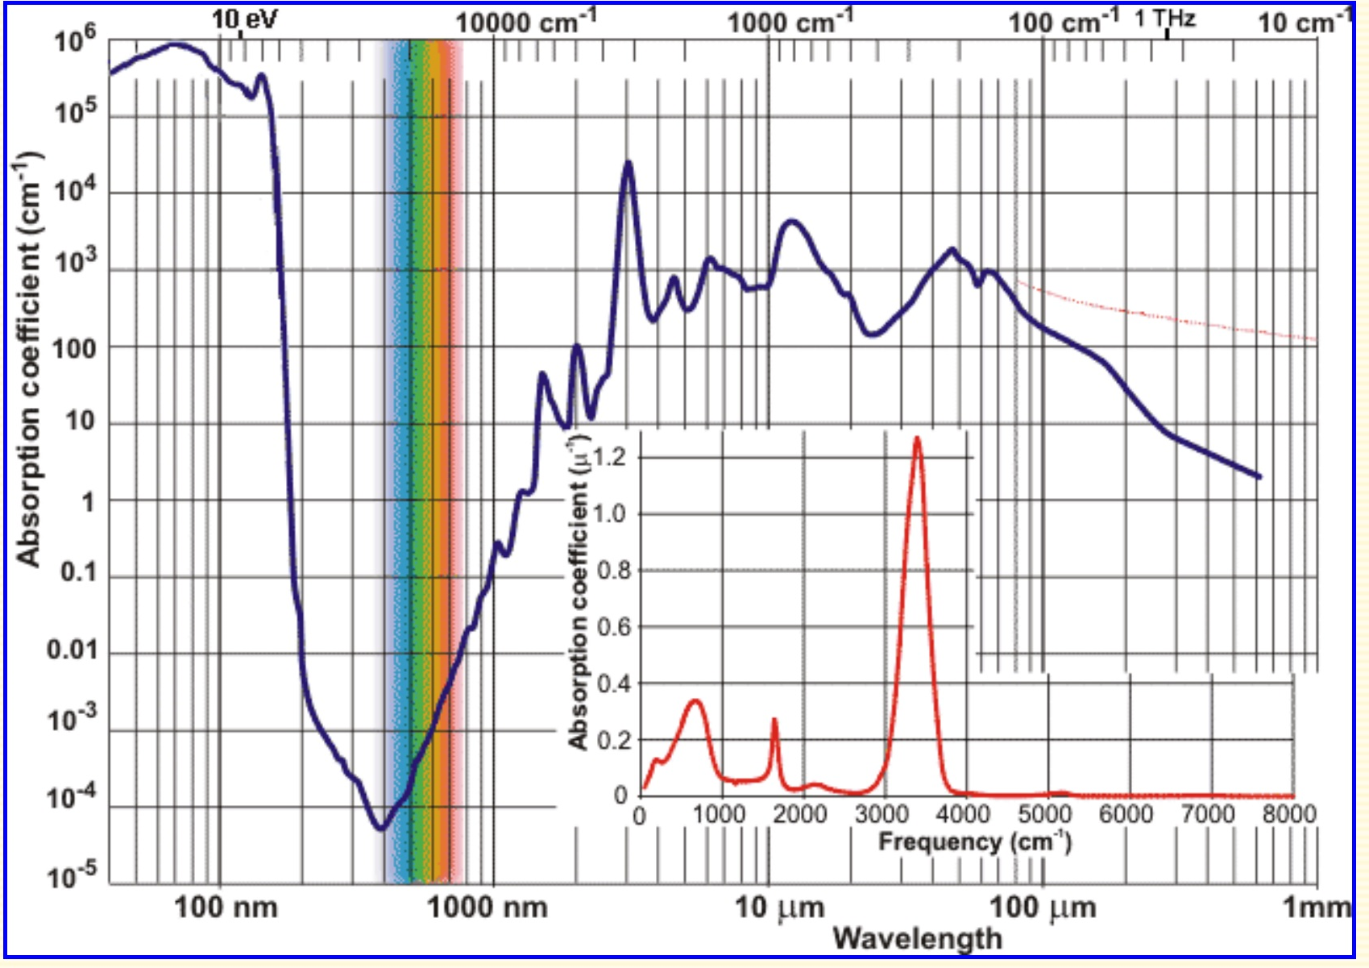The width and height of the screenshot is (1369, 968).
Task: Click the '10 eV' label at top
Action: pyautogui.click(x=244, y=19)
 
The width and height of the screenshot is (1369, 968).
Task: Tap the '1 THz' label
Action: pyautogui.click(x=1165, y=18)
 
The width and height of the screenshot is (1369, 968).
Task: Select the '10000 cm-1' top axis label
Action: pyautogui.click(x=525, y=21)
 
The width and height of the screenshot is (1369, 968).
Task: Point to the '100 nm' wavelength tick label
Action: pyautogui.click(x=226, y=908)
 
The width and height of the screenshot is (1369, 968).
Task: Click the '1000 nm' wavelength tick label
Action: pyautogui.click(x=487, y=908)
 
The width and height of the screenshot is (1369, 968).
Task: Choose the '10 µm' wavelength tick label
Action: pyautogui.click(x=779, y=908)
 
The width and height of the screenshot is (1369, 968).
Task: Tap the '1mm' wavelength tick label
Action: pyautogui.click(x=1316, y=908)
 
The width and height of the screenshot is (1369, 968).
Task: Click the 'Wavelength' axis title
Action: pyautogui.click(x=917, y=938)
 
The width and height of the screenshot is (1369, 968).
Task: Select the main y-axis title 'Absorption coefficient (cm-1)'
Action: pyautogui.click(x=29, y=359)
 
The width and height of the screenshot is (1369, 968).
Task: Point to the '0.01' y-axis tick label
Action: pyautogui.click(x=72, y=649)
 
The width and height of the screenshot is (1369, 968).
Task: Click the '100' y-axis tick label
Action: pyautogui.click(x=74, y=349)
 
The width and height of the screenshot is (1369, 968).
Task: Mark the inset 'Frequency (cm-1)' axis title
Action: pyautogui.click(x=974, y=841)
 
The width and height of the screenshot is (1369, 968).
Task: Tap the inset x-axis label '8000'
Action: pyautogui.click(x=1288, y=814)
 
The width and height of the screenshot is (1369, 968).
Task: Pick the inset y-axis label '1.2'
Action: pyautogui.click(x=610, y=458)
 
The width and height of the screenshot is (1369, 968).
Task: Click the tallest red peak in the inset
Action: pyautogui.click(x=916, y=439)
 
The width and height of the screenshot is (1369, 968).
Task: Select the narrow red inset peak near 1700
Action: pyautogui.click(x=774, y=720)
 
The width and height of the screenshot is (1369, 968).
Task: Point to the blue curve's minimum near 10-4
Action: pyautogui.click(x=380, y=827)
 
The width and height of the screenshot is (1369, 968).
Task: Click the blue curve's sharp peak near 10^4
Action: pyautogui.click(x=628, y=164)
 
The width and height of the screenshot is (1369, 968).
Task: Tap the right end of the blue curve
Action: pyautogui.click(x=1259, y=476)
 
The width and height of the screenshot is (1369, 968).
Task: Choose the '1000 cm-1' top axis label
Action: pyautogui.click(x=790, y=22)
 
